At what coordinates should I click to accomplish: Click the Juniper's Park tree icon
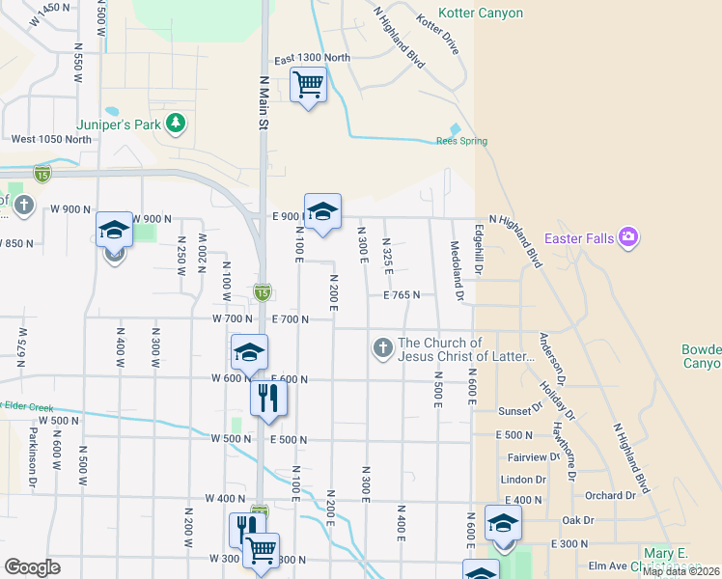coord(176,123)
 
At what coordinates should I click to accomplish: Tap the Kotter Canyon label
coord(481,14)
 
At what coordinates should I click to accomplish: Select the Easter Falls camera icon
coord(629,236)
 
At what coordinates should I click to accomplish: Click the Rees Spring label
coord(461,141)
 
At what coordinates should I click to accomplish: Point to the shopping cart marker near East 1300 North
coord(308,85)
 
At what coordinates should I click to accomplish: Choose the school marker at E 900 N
coord(322,211)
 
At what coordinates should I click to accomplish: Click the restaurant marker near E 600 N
coord(268,398)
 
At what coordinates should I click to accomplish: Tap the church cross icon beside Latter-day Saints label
coord(383,347)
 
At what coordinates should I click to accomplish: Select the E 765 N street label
coord(401,295)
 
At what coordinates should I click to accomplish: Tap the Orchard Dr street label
coord(611,495)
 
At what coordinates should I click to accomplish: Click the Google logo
coord(31,567)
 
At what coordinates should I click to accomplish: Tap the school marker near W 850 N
coord(114,232)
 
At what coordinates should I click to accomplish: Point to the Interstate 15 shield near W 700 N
coord(262,291)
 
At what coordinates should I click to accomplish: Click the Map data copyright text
coord(680,571)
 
